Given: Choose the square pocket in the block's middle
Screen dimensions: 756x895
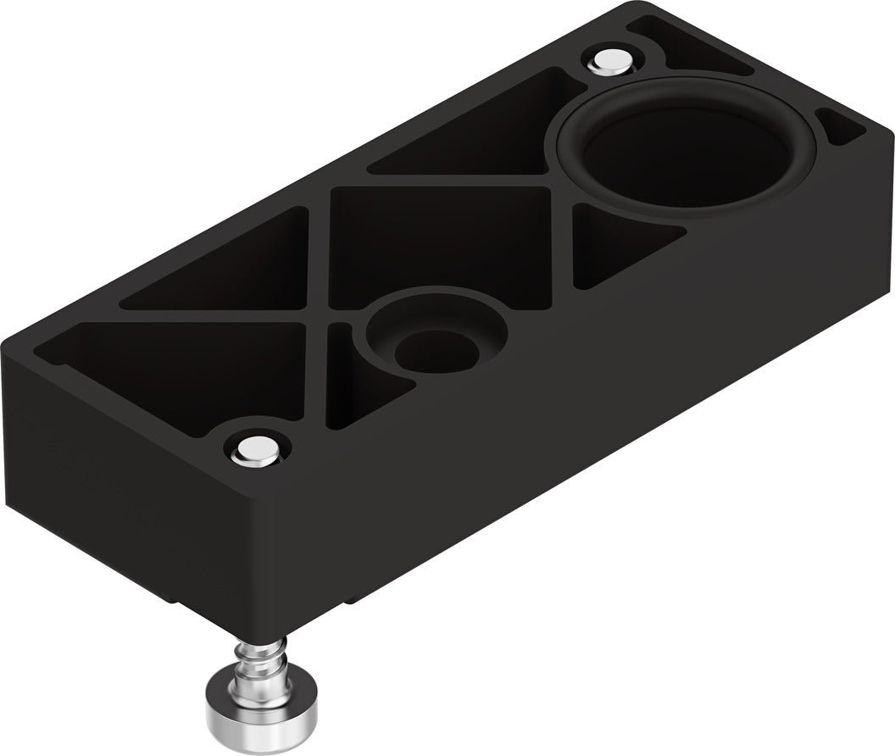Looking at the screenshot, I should click(441, 246).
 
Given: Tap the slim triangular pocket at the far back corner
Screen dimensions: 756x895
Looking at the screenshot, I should click(695, 47).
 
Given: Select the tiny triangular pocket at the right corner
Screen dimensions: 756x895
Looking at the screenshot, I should click(842, 128).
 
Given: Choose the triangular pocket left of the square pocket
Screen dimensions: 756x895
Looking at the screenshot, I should click(229, 263).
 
